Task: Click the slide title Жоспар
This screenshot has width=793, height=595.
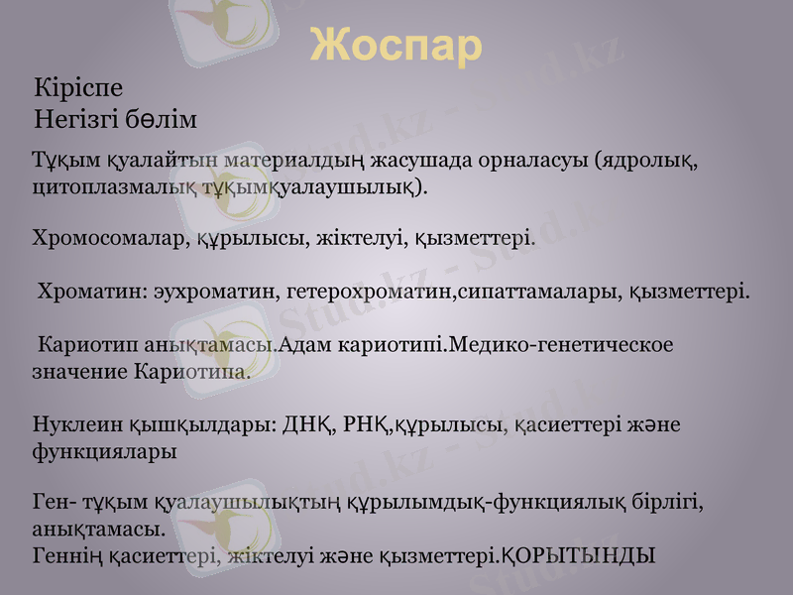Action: coord(396,45)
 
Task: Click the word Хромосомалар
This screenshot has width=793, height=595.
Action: coord(95,239)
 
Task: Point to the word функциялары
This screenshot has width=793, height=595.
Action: coord(104,452)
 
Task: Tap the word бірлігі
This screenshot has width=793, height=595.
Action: coord(667,502)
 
